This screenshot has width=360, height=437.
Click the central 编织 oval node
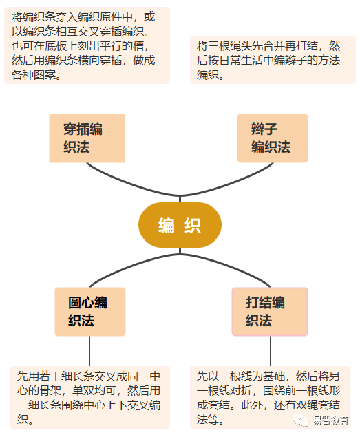[180, 225]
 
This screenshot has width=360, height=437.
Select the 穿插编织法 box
[87, 138]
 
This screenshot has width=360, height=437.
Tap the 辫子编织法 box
[273, 138]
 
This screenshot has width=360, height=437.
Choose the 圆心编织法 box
[90, 312]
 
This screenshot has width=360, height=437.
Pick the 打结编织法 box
[270, 312]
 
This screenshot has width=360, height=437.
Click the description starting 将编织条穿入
[87, 45]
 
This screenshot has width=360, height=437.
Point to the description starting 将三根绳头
[273, 60]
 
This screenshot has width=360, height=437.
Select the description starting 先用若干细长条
[90, 397]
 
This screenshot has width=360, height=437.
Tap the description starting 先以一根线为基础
[270, 397]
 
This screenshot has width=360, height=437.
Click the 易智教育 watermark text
[330, 420]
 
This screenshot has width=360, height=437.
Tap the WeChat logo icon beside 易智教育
[301, 420]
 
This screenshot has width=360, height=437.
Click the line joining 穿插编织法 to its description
[87, 99]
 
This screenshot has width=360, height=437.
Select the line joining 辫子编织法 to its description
[273, 99]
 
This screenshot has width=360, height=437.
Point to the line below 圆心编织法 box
[89, 351]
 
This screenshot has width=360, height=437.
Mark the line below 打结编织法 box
[270, 351]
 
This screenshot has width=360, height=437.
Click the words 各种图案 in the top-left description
[34, 75]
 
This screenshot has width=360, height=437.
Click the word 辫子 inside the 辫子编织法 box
[264, 129]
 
